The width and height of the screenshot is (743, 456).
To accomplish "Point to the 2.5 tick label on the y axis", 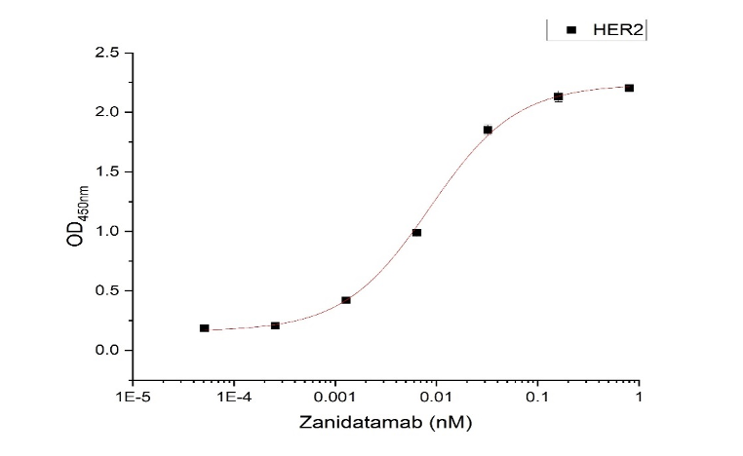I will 107,53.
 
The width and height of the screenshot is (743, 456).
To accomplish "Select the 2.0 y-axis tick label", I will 107,112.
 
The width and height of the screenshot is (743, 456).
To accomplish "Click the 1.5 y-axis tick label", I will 107,171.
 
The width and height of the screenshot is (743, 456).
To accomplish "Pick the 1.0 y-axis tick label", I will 107,231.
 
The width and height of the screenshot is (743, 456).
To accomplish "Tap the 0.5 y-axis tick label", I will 107,290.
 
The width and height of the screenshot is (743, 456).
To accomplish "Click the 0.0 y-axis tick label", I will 107,350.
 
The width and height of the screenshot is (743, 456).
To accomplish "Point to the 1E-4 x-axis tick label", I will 234,398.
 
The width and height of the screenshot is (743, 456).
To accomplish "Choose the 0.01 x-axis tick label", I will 436,398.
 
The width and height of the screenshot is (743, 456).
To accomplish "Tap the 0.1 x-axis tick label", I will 537,398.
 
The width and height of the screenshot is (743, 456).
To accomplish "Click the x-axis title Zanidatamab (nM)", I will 387,425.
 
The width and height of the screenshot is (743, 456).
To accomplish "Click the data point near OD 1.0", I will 416,232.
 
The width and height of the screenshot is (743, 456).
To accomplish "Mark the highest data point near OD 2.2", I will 629,88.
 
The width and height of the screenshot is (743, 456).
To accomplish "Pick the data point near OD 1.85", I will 488,130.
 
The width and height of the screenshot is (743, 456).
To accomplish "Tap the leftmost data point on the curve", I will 204,328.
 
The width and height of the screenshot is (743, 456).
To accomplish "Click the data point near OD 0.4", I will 346,300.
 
